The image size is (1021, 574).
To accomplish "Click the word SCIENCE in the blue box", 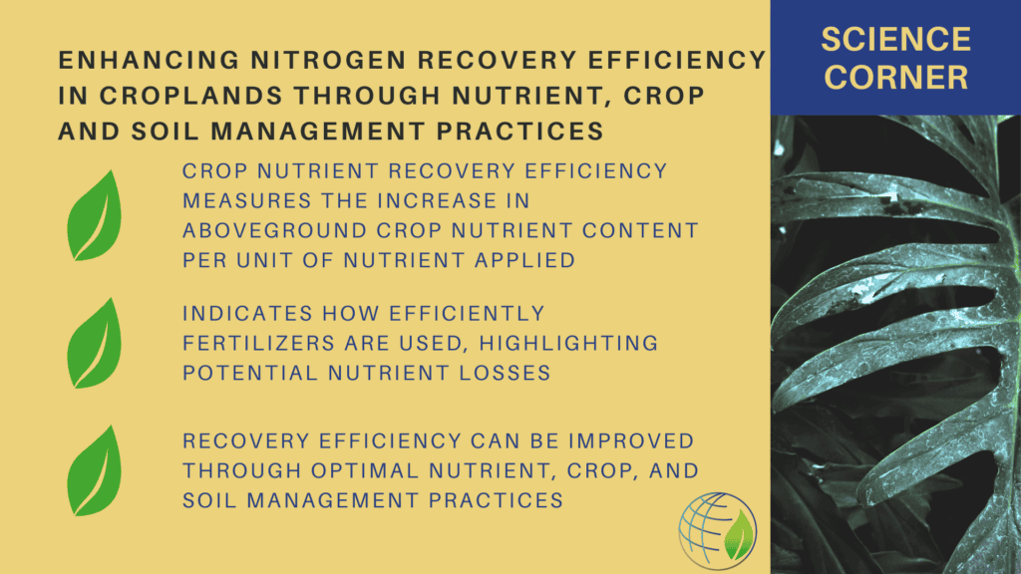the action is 896,40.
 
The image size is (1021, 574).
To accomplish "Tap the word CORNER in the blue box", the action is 896,78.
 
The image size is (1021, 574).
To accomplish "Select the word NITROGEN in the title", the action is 329,60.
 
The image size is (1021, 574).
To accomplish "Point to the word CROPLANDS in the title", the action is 190,96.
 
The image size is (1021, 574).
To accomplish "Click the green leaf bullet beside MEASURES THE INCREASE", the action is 95,216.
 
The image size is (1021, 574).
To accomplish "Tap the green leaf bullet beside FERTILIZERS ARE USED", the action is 95,344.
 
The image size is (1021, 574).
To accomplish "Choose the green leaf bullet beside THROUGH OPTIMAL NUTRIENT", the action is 95,471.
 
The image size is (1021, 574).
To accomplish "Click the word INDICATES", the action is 247,314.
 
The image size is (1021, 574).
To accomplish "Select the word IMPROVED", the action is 631,441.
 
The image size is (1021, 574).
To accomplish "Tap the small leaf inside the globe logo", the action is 739,535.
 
